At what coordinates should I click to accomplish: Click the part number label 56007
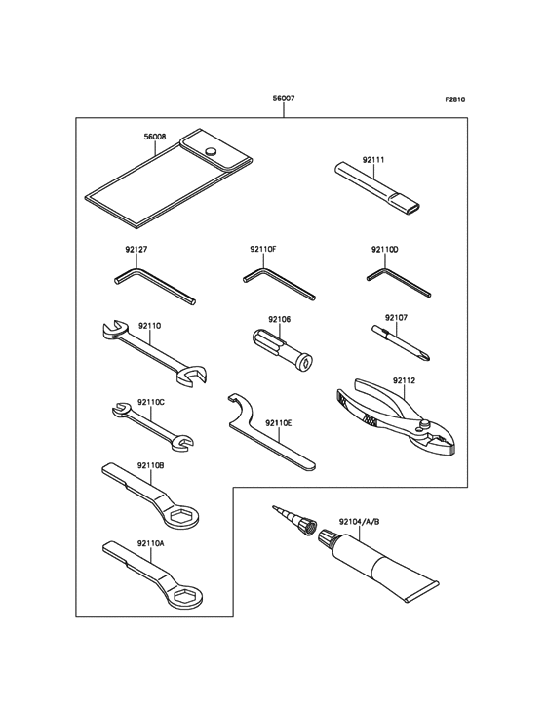pos(284,98)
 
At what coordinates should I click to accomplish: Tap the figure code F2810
pos(455,99)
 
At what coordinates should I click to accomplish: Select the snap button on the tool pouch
pos(211,151)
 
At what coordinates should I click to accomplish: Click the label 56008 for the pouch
pos(155,137)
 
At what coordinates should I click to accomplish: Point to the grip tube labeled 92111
pos(377,188)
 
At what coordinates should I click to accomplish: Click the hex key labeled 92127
pos(155,286)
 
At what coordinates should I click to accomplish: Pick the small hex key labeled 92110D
pos(398,282)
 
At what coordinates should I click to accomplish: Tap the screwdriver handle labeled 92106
pos(283,351)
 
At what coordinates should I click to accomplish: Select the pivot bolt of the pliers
pos(425,424)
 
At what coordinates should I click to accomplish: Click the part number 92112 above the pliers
pos(404,380)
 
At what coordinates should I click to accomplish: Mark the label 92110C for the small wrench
pos(150,403)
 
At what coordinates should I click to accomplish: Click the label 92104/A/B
pos(359,522)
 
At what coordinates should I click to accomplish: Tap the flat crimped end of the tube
pos(421,591)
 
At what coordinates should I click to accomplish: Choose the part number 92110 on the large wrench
pos(150,326)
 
